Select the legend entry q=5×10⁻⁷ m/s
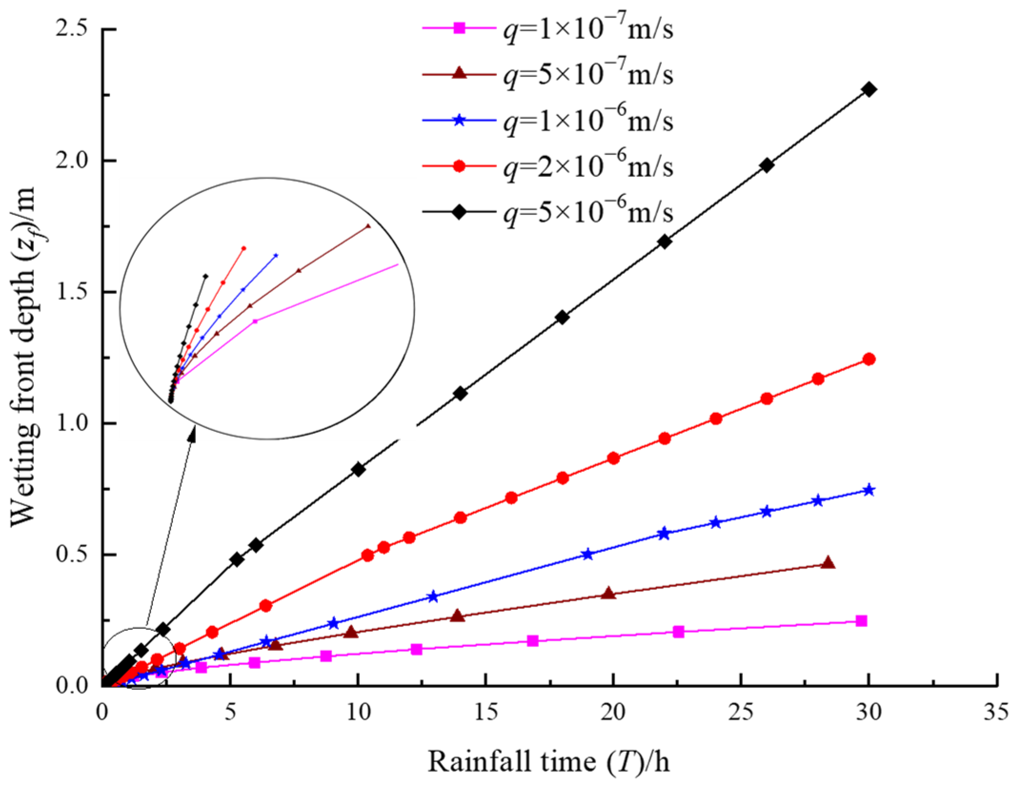pyautogui.click(x=548, y=75)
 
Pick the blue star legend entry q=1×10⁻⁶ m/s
pyautogui.click(x=548, y=120)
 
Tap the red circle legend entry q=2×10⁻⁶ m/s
pyautogui.click(x=548, y=166)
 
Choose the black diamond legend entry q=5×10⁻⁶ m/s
pyautogui.click(x=548, y=212)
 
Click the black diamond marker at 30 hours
pyautogui.click(x=869, y=89)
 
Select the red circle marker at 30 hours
pyautogui.click(x=869, y=359)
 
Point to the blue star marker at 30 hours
pyautogui.click(x=869, y=490)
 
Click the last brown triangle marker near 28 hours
pyautogui.click(x=828, y=563)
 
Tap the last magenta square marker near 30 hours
pyautogui.click(x=861, y=621)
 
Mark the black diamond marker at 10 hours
pyautogui.click(x=358, y=470)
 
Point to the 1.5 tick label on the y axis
pyautogui.click(x=71, y=292)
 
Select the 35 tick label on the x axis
pyautogui.click(x=996, y=713)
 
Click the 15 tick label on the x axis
pyautogui.click(x=486, y=713)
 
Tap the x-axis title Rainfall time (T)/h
pyautogui.click(x=548, y=761)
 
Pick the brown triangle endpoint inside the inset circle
pyautogui.click(x=368, y=226)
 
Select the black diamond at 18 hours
pyautogui.click(x=562, y=317)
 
